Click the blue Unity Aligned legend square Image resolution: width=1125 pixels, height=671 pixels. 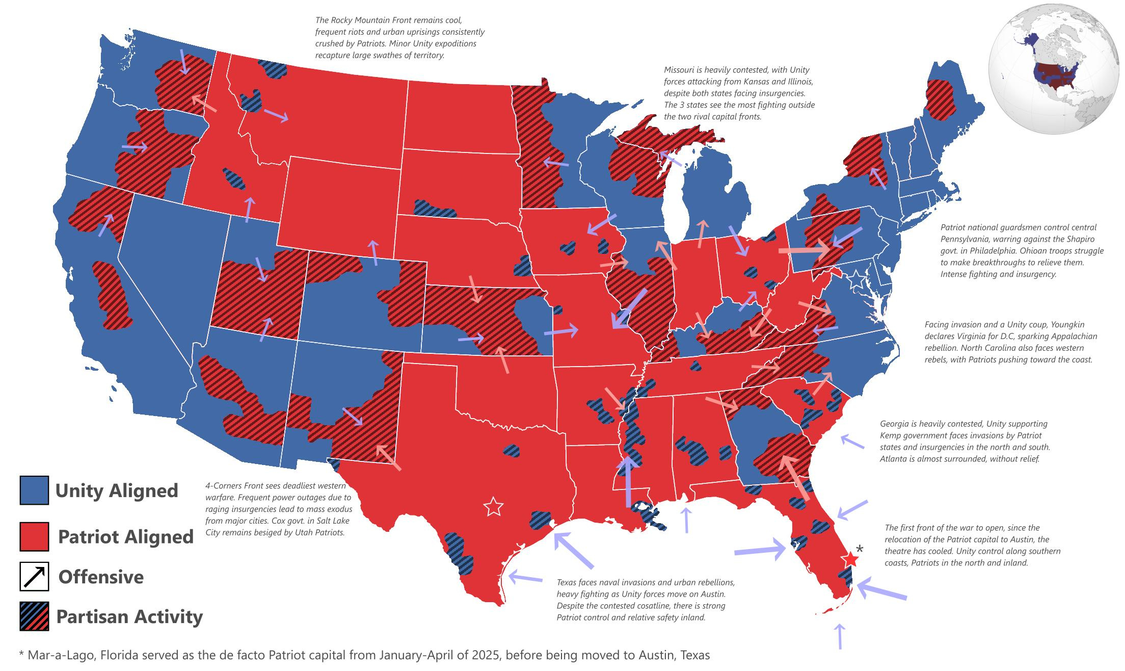pyautogui.click(x=34, y=490)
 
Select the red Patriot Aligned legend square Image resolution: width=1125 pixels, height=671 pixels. pyautogui.click(x=34, y=536)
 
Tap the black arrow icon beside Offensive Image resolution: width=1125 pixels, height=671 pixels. pyautogui.click(x=34, y=577)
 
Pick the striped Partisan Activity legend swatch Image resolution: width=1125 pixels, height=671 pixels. pyautogui.click(x=34, y=616)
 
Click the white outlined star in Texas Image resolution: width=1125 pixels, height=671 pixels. pyautogui.click(x=493, y=507)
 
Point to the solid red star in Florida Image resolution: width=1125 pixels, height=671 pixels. pyautogui.click(x=850, y=559)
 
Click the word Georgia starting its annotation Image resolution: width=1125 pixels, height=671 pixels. pyautogui.click(x=894, y=424)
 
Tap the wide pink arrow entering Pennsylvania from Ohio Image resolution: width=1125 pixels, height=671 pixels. pyautogui.click(x=804, y=250)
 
